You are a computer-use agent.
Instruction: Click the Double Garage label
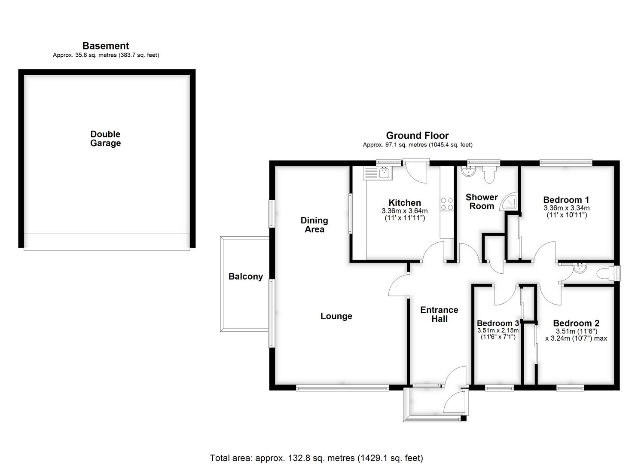coord(105,139)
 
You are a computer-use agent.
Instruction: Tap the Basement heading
coord(106,46)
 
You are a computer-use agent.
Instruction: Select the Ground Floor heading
coord(417,136)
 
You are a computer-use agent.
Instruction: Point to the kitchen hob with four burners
coord(447,204)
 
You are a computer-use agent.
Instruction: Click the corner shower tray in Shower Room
coord(510,201)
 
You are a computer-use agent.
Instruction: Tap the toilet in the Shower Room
coord(489,174)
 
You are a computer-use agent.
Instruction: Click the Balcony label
coord(245,276)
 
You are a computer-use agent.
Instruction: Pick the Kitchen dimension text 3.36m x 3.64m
coord(404,211)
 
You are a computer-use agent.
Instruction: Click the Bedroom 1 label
coord(566,200)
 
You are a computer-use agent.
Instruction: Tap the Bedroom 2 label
coord(576,323)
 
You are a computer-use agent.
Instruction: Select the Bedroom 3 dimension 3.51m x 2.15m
coord(498,331)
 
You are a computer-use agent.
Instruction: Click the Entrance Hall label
coord(439,314)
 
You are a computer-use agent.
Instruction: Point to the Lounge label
coord(336,316)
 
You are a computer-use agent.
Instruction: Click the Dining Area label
coord(314,225)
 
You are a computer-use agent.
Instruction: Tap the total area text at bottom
coord(317,458)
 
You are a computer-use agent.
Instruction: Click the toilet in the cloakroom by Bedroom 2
coord(607,273)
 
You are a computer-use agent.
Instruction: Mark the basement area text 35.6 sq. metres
coord(106,55)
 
